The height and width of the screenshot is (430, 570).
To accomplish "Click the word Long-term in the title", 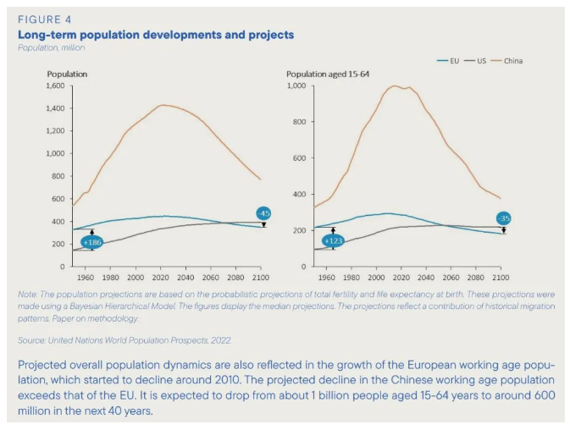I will (42, 35).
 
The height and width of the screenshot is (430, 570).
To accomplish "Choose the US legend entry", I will (483, 61).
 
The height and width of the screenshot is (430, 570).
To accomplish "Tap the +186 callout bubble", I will (92, 242).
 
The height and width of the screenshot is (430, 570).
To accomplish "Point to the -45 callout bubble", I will (264, 212).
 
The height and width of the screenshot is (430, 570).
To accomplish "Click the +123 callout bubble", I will (333, 241).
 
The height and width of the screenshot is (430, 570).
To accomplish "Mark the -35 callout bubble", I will (504, 218).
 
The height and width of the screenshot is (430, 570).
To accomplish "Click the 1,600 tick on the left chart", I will (53, 86).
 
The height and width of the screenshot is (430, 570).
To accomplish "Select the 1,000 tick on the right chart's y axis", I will (296, 86).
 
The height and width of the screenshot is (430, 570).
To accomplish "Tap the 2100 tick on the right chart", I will (501, 277).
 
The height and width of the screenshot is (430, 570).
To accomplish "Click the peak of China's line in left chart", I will (163, 105).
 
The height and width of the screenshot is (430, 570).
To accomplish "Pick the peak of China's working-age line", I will (394, 85).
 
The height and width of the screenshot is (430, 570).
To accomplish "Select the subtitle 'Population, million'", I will (51, 47).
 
